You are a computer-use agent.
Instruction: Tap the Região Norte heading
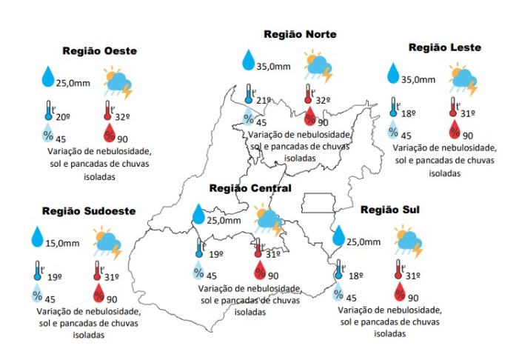(x=300, y=35)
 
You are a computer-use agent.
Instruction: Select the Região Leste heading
(x=444, y=47)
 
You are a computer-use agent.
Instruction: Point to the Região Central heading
(x=250, y=188)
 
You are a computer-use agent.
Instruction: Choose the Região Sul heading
(x=389, y=210)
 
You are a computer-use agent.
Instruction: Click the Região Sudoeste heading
(x=88, y=211)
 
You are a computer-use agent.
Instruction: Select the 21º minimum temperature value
(x=264, y=100)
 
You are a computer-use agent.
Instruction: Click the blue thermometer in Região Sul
(x=340, y=270)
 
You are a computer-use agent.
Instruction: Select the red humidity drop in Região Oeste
(x=110, y=133)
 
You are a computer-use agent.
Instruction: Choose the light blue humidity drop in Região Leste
(x=392, y=130)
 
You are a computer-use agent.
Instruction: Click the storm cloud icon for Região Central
(x=268, y=220)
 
